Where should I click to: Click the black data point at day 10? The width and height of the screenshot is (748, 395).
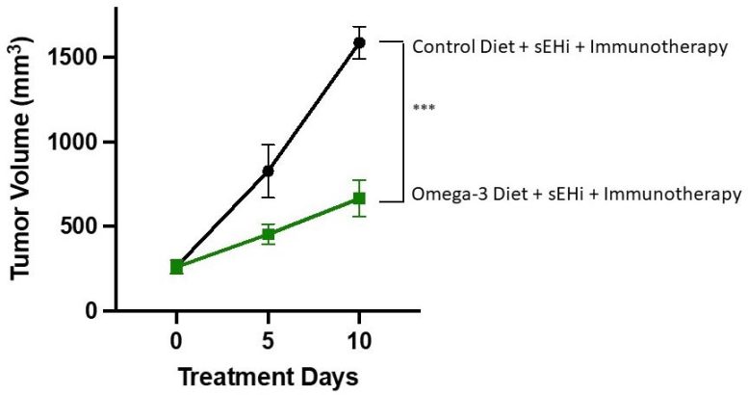(359, 42)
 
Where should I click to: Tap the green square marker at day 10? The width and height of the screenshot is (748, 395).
(359, 198)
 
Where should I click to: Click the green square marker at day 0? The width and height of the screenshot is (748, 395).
(177, 266)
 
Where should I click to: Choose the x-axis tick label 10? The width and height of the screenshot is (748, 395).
(359, 341)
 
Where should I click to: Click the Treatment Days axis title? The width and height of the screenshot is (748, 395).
(268, 377)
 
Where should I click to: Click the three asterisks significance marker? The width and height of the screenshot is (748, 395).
(424, 109)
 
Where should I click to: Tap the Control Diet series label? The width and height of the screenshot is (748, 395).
(568, 46)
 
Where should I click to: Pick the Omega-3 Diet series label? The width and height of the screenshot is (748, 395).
(576, 195)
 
